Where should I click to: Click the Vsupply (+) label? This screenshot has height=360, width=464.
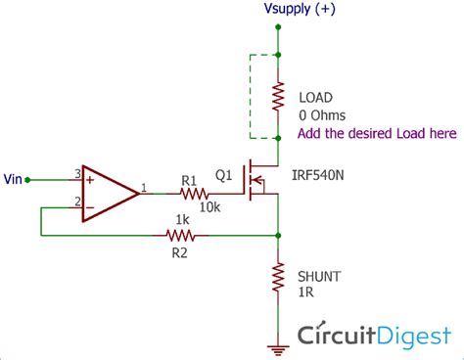300,9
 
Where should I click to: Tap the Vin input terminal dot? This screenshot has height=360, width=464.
27,180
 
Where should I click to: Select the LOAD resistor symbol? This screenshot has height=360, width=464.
278,97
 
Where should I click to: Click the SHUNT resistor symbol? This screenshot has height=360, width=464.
278,277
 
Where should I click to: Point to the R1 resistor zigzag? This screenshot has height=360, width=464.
194,194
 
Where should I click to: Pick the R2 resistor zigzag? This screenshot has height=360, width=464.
180,235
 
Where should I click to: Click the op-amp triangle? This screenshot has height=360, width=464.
111,194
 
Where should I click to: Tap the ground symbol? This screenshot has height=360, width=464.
278,350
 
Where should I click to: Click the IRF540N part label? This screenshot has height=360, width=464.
317,175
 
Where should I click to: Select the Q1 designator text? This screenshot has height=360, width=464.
224,175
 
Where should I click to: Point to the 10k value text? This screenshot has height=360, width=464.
209,207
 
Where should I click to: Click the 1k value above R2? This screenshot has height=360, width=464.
182,220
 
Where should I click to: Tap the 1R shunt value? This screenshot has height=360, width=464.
306,292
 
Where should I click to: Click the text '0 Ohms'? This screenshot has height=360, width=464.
322,115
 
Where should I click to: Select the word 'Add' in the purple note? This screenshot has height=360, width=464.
308,133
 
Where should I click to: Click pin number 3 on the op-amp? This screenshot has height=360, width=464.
77,173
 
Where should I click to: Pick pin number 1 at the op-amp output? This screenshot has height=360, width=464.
144,188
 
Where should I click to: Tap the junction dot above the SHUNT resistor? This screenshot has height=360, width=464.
278,235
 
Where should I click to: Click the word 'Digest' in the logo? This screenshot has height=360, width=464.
415,336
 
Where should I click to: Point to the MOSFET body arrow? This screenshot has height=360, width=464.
258,180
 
